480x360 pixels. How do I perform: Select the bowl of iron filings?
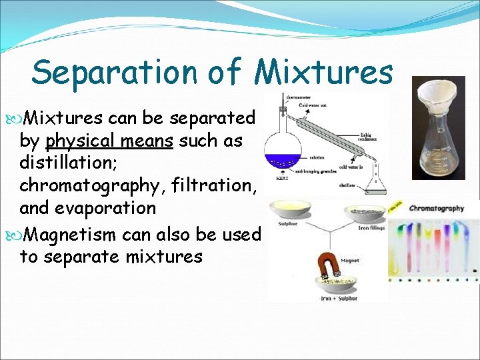coord(365,214)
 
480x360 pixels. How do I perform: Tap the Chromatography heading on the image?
coord(436,209)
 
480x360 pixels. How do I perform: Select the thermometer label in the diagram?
coord(297,97)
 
